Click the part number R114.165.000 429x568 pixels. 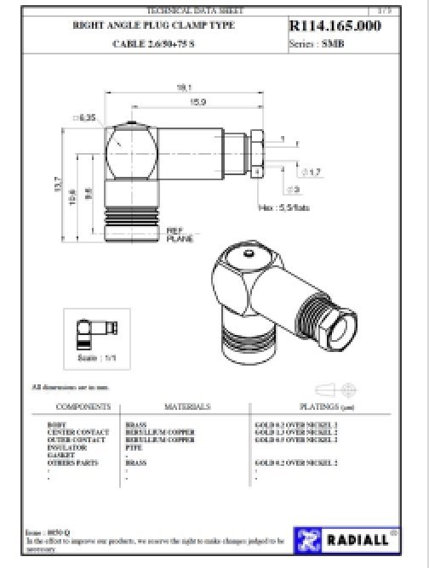point(335,27)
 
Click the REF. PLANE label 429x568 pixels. point(179,234)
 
